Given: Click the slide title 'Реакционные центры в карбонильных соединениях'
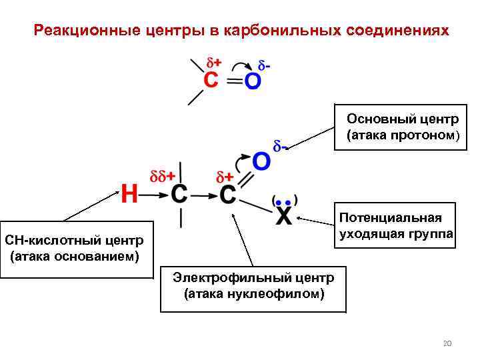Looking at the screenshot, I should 241,31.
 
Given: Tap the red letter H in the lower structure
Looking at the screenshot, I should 129,195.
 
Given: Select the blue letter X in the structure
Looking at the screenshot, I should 284,216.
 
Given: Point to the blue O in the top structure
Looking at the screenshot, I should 253,82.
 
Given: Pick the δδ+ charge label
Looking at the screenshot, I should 163,177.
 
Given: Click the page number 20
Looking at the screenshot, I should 447,343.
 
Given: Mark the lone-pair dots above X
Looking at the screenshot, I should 283,201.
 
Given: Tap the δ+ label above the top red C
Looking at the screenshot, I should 213,62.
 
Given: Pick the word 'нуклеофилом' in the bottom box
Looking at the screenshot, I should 283,293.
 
